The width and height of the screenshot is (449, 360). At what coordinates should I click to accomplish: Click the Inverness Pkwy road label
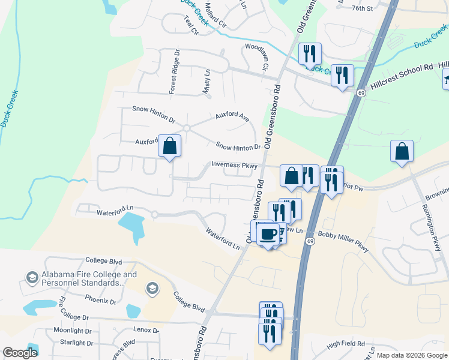234,164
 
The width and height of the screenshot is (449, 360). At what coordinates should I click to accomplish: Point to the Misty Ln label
207,81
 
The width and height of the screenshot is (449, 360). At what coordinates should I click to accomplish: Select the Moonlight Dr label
72,331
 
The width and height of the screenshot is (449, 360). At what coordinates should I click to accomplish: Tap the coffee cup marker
268,233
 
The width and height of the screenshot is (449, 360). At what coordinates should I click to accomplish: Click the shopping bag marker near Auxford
169,145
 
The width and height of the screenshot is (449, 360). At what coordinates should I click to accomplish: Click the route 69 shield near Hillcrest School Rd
361,93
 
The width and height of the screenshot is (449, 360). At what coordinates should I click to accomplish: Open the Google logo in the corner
20,353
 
